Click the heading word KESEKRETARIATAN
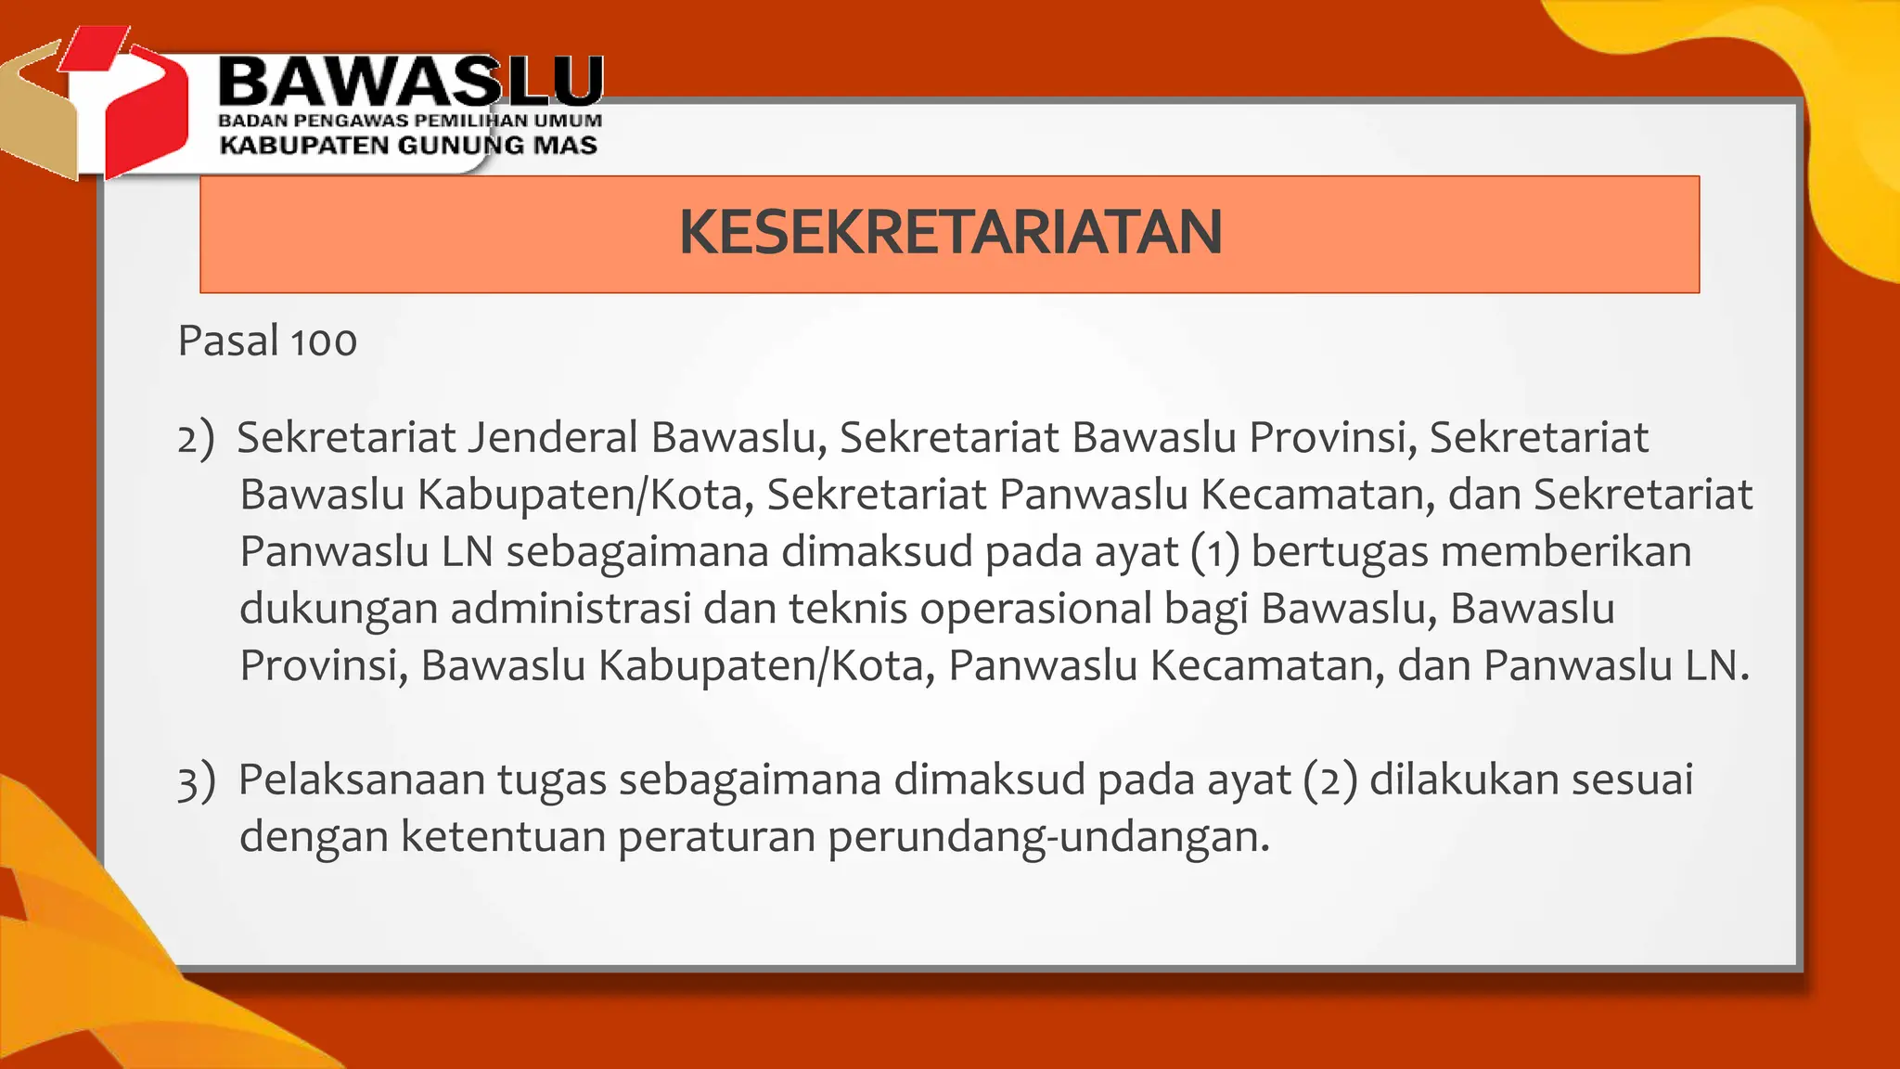pos(950,232)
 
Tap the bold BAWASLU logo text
pos(410,82)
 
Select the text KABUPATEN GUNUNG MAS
pos(408,146)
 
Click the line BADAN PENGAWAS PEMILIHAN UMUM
pos(410,121)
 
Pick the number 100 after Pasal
pos(324,341)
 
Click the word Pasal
pos(228,341)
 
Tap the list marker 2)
pos(196,438)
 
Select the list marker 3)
pos(197,780)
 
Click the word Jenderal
pos(552,437)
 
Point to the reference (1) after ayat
pos(1215,552)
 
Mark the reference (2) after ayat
pos(1329,779)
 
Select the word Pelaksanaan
pos(362,779)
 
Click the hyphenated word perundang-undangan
pos(1047,838)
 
